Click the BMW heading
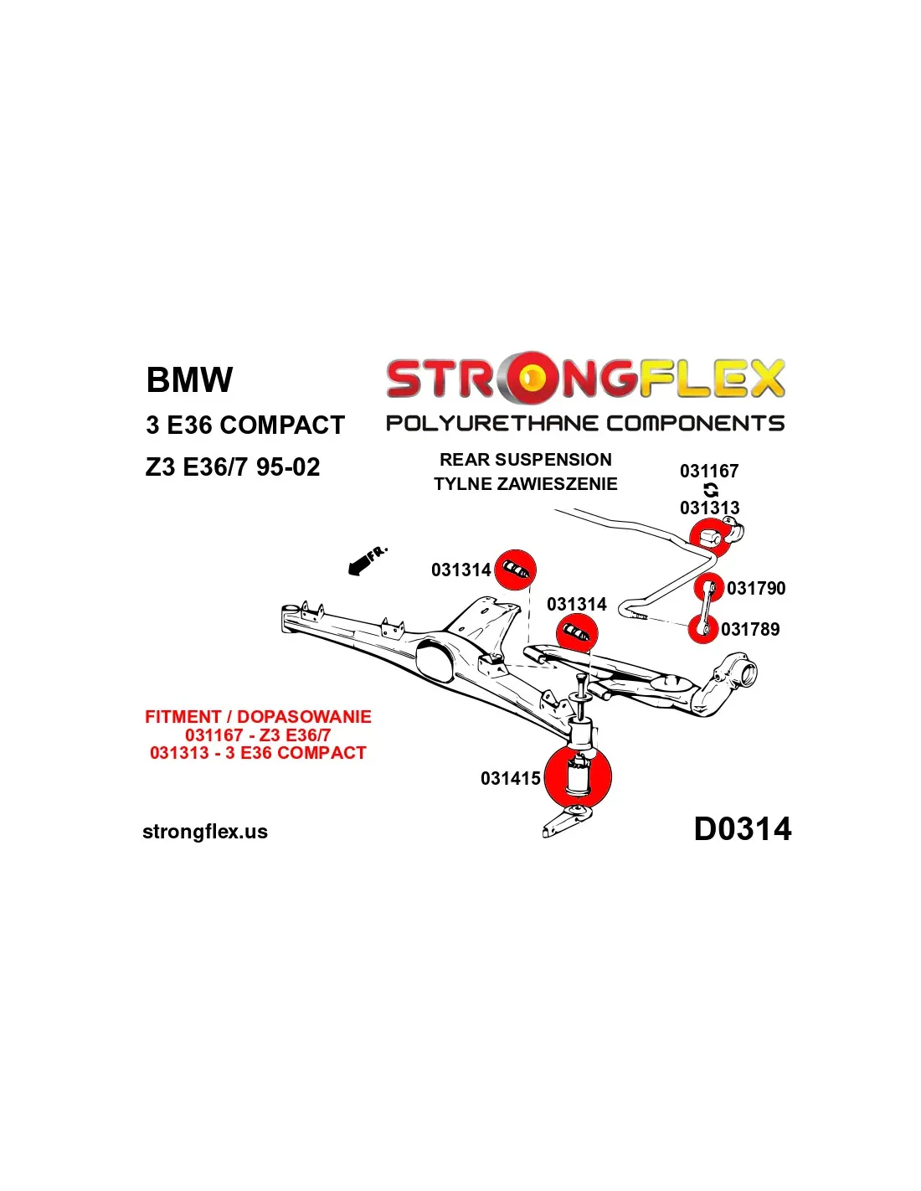[x=189, y=379]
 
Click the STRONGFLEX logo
[x=584, y=378]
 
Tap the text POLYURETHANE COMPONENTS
[x=584, y=423]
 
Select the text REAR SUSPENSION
[x=525, y=460]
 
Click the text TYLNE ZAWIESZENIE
[x=525, y=484]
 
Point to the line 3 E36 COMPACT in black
[x=244, y=425]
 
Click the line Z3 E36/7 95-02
[x=232, y=467]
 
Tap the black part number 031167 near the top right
[x=709, y=472]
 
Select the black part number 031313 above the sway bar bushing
[x=709, y=508]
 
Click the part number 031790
[x=756, y=589]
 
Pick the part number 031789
[x=750, y=629]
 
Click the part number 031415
[x=510, y=779]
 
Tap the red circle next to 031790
[x=709, y=587]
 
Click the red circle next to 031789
[x=702, y=627]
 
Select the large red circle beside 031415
[x=578, y=777]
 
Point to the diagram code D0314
[x=742, y=829]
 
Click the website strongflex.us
[x=205, y=832]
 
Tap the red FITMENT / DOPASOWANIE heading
[x=258, y=717]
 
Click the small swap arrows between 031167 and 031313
[x=711, y=490]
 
